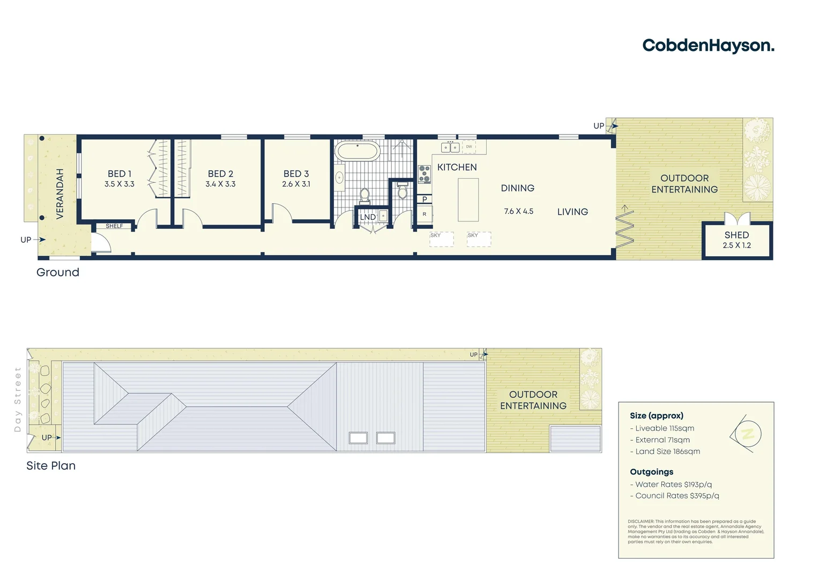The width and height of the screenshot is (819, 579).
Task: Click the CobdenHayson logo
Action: [708, 46]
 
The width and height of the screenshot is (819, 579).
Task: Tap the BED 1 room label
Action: [120, 174]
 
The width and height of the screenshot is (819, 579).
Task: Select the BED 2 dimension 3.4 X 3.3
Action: [220, 184]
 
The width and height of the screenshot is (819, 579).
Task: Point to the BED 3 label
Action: [296, 174]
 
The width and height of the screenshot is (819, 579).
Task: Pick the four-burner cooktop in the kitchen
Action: [425, 174]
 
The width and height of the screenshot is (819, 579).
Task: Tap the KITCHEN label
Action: [457, 167]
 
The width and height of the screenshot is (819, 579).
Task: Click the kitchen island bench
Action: [468, 199]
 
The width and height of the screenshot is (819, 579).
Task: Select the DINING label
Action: [517, 188]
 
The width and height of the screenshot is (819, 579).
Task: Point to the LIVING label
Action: [572, 212]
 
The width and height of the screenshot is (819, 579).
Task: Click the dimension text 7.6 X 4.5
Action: [518, 211]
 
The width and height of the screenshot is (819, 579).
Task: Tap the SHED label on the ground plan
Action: [736, 235]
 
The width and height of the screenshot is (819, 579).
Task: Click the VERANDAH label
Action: [60, 194]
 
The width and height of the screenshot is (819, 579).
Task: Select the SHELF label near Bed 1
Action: [114, 226]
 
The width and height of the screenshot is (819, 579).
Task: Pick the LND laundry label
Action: [368, 217]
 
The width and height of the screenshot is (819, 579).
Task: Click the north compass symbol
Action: [748, 434]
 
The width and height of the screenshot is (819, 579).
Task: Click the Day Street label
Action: [18, 399]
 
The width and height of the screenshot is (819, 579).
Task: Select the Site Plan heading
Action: [51, 466]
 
